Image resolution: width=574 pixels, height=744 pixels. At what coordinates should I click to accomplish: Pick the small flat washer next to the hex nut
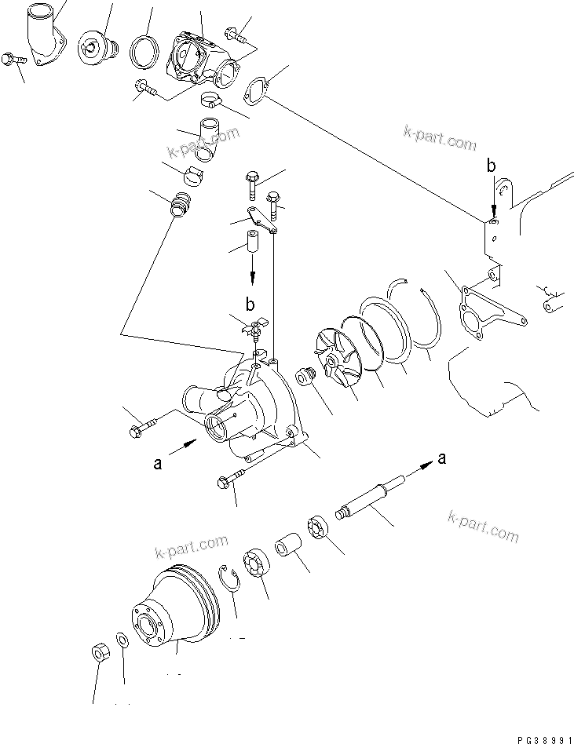coord(122,640)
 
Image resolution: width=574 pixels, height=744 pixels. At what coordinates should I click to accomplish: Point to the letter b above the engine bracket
coord(492,166)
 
